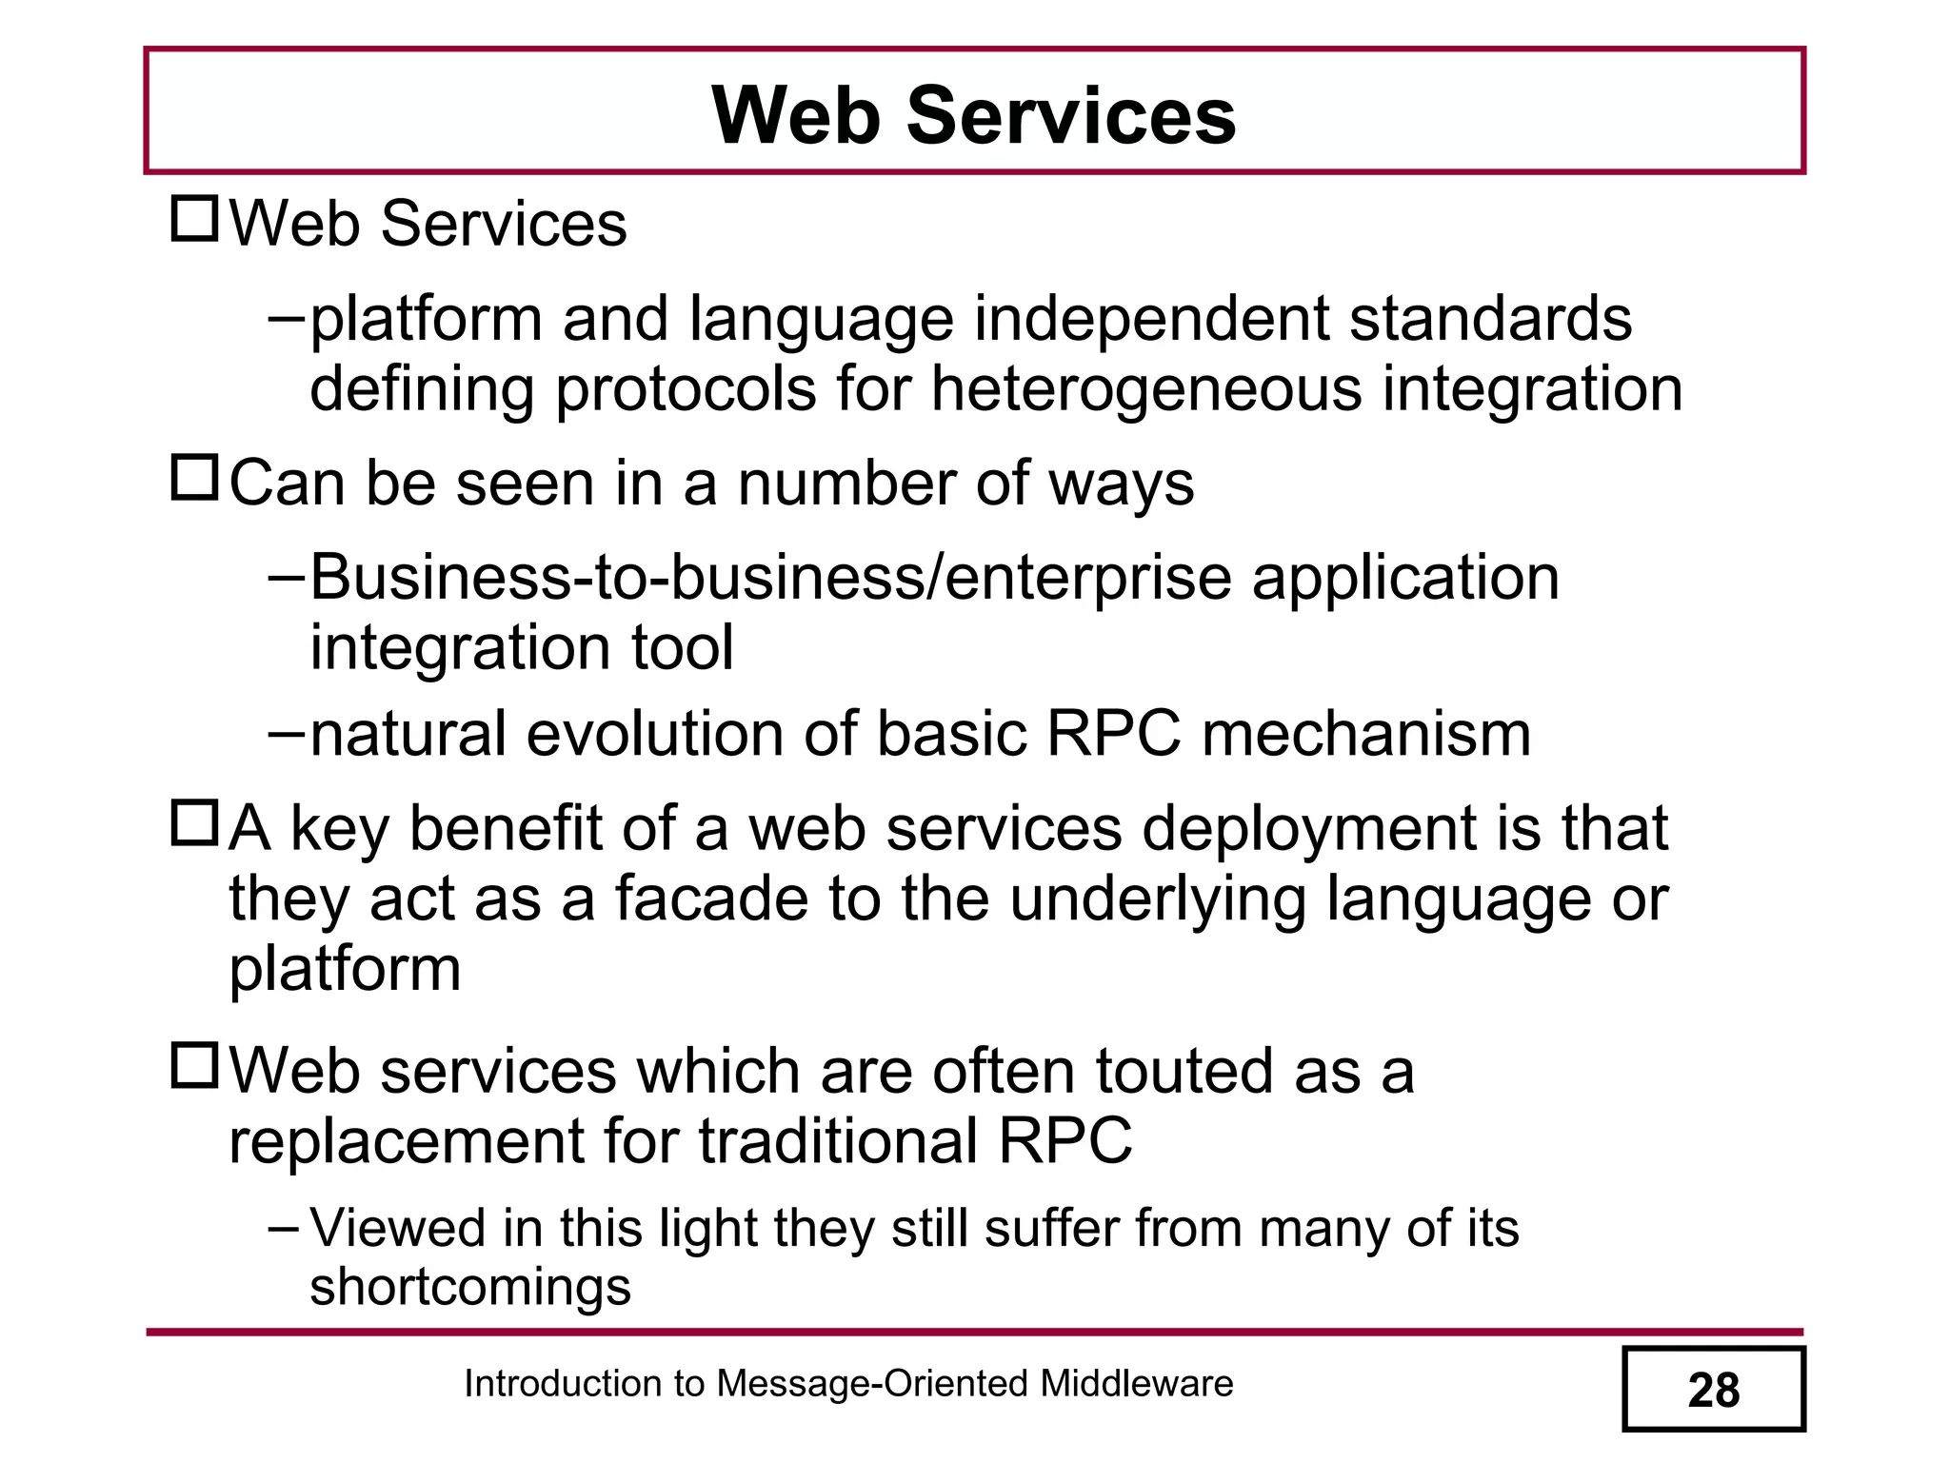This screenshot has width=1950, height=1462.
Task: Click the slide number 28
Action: (x=1713, y=1391)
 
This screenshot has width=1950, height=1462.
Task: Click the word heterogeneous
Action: (x=1146, y=389)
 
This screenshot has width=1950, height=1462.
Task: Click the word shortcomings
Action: (x=470, y=1286)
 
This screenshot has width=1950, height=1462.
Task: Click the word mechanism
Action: (x=1366, y=734)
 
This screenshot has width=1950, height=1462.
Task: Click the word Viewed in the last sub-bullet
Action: (x=398, y=1228)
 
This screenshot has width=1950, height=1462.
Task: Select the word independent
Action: (x=1151, y=319)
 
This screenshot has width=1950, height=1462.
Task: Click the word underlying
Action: (x=1158, y=899)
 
